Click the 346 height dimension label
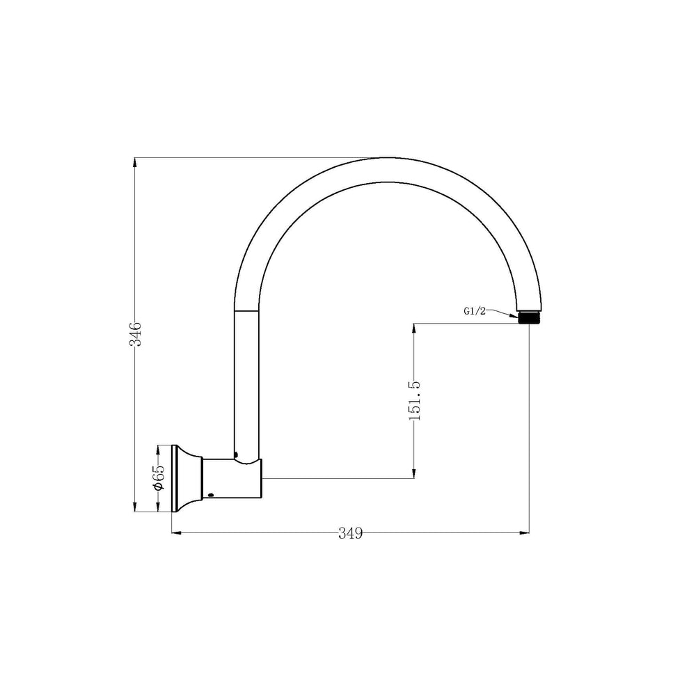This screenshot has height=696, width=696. pos(135,334)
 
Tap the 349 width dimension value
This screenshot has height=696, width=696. pos(351,532)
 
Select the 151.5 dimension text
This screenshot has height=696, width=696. pos(414,401)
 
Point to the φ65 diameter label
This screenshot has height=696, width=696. pos(159,478)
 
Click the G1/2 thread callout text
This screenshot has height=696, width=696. pos(475,311)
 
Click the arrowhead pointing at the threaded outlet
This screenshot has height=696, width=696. pos(514,316)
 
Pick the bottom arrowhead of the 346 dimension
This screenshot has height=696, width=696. pos(135,506)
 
